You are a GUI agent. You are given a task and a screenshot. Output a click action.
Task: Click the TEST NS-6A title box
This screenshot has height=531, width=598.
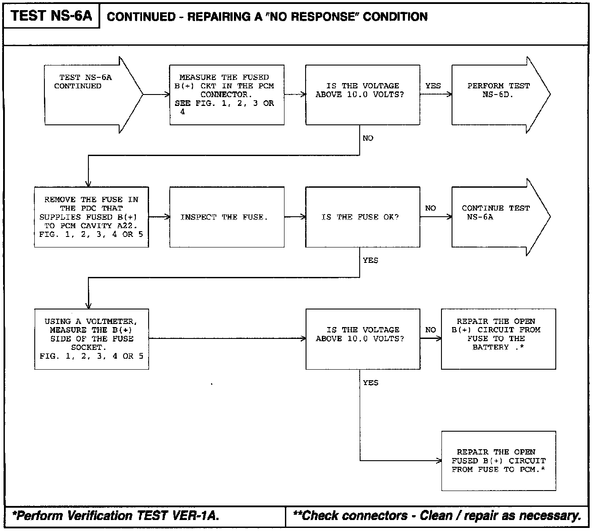pos(51,16)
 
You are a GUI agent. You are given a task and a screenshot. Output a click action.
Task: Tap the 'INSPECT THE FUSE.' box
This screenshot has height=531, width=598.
pos(226,217)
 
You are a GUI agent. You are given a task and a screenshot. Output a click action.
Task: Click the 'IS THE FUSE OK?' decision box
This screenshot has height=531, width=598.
pos(362,217)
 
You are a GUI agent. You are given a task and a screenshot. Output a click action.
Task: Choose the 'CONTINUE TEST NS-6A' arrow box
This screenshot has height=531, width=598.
pos(497,216)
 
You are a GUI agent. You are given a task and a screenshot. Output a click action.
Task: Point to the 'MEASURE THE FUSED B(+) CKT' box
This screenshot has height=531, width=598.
pos(226,94)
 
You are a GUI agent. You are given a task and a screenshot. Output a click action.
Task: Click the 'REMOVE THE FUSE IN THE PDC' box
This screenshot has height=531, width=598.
pos(91,217)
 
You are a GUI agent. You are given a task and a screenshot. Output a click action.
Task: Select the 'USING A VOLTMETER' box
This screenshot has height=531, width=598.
pos(91,338)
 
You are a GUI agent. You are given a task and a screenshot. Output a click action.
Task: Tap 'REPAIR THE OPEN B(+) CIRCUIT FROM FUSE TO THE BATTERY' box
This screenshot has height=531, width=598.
pos(498,338)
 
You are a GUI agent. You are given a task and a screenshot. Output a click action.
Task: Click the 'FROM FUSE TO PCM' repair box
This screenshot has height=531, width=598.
pos(498,461)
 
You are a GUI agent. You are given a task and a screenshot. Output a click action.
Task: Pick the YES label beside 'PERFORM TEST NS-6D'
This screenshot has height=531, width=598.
pos(433,86)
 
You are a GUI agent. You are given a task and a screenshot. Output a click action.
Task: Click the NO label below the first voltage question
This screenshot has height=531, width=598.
pos(368,138)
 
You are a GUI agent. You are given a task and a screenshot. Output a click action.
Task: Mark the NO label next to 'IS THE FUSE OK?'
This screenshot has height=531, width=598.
pos(430,208)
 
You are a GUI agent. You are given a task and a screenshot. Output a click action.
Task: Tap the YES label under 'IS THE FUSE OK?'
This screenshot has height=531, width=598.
pos(370,260)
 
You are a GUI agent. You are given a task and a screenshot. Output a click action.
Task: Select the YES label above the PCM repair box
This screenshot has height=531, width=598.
pos(370,382)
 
